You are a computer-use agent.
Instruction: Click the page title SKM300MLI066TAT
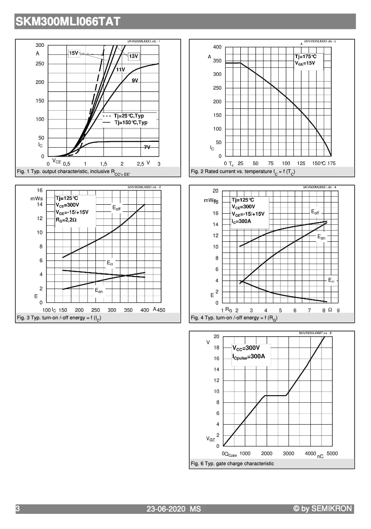point(68,21)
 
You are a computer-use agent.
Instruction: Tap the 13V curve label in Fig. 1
point(134,56)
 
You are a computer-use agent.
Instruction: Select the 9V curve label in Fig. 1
point(135,80)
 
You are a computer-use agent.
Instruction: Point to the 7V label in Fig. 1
point(147,147)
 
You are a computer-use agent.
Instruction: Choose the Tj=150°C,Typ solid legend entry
point(130,122)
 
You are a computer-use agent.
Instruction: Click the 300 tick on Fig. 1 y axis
point(40,45)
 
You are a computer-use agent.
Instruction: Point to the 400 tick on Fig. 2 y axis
point(217,47)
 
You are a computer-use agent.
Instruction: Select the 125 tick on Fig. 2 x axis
point(301,163)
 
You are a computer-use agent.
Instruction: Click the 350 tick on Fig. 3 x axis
point(128,310)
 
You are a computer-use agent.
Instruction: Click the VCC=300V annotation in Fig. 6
point(246,347)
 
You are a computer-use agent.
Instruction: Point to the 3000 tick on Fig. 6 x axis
point(289,453)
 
